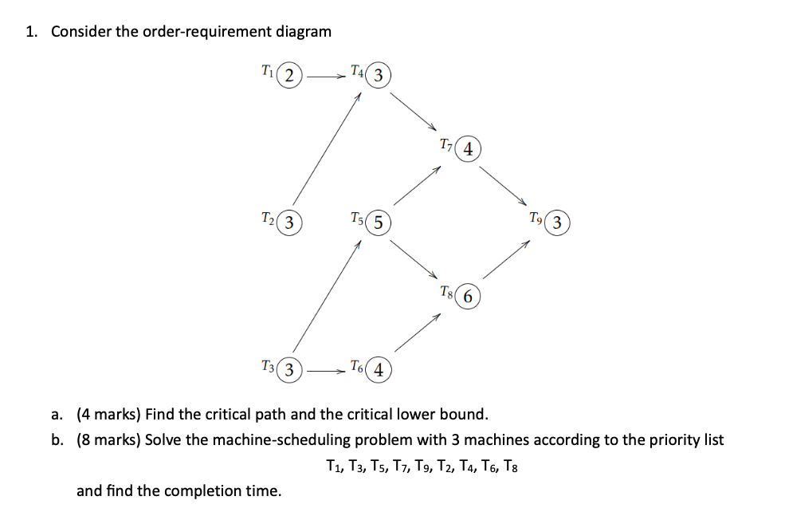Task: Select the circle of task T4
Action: point(378,77)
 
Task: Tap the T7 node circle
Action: point(469,149)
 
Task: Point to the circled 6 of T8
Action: point(469,296)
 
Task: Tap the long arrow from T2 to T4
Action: point(327,148)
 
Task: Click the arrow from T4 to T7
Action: point(415,112)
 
